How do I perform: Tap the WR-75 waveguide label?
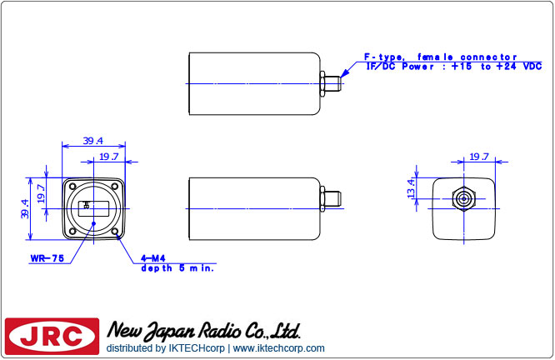point(47,259)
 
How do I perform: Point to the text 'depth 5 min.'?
point(177,268)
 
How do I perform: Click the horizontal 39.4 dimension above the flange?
point(93,140)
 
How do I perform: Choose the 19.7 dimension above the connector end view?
point(479,157)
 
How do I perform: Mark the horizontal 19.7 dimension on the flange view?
point(109,156)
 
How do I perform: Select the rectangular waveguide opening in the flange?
point(93,207)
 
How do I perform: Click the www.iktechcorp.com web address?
point(279,348)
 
